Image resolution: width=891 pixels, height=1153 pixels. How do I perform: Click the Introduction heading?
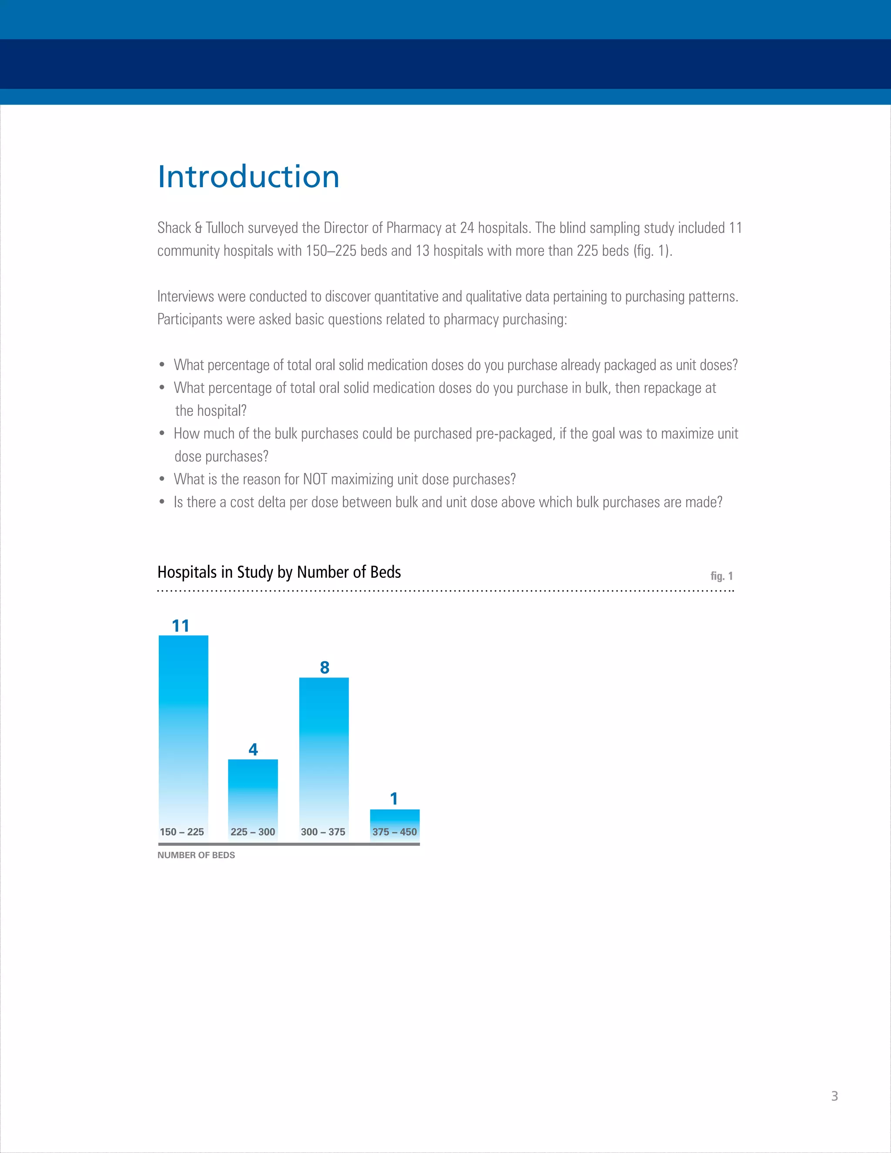tap(248, 177)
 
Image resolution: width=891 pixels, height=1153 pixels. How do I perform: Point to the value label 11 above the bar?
tap(181, 626)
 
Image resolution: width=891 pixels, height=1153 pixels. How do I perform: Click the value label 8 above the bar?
tap(325, 668)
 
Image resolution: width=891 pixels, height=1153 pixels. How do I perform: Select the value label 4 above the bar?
tap(253, 750)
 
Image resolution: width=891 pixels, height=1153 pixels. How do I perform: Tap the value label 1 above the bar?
tap(394, 799)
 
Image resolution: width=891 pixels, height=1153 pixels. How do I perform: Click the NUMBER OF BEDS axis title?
tap(196, 855)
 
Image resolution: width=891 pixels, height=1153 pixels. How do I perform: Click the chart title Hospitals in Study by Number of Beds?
tap(279, 572)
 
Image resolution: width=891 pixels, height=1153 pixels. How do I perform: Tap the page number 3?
tap(834, 1096)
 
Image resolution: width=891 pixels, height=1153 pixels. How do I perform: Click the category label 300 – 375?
tap(323, 832)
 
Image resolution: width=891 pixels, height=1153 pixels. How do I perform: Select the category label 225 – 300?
tap(253, 832)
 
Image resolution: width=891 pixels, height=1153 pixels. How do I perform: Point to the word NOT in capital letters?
tap(315, 479)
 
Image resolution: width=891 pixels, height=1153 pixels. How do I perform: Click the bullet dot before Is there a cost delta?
tap(162, 503)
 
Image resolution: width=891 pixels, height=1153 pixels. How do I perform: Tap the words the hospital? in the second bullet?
tap(211, 411)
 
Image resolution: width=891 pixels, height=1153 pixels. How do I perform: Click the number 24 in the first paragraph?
tap(467, 228)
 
